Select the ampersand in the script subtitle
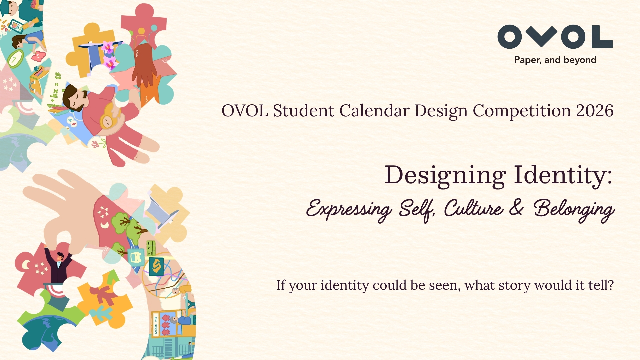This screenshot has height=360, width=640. tap(516, 208)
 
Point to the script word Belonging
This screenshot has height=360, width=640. tap(574, 210)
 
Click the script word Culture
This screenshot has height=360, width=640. tap(473, 208)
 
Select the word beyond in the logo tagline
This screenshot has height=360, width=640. tap(580, 60)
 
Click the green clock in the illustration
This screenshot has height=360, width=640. tap(15, 59)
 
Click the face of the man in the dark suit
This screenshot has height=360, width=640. tap(60, 257)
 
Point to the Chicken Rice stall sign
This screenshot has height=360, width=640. tap(156, 325)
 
